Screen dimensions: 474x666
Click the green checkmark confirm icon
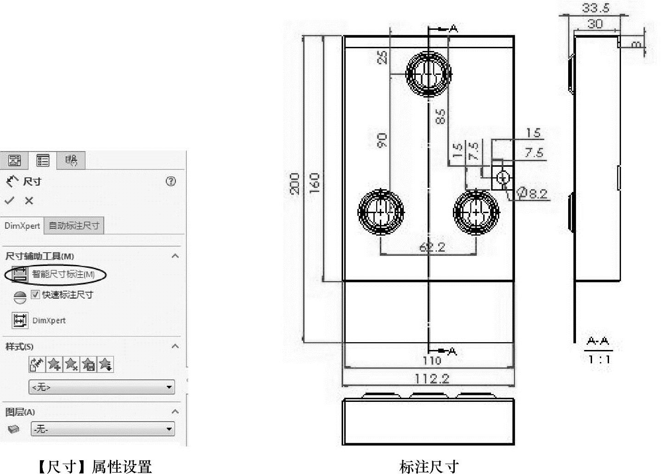point(10,201)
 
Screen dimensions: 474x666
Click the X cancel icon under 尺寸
point(29,201)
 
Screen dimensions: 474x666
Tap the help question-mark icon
point(171,181)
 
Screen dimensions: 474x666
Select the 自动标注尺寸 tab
point(74,226)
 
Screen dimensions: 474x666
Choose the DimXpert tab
point(22,226)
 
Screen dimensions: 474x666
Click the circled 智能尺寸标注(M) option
point(56,275)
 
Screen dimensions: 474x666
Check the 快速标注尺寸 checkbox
point(35,295)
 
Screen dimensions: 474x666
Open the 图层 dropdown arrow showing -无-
point(169,429)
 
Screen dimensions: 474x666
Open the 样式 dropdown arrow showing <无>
point(169,387)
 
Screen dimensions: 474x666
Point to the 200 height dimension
point(295,183)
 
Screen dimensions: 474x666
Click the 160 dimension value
point(315,183)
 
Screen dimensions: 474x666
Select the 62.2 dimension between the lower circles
point(432,247)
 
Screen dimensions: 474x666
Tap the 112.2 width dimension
point(432,378)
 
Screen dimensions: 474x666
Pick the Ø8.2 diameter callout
point(533,193)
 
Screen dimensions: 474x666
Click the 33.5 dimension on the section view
point(595,8)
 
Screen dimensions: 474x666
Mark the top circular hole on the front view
point(429,73)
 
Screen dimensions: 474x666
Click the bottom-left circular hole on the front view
point(381,212)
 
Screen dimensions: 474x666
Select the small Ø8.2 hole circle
point(503,178)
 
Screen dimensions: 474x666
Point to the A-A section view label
point(598,341)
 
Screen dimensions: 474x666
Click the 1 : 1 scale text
point(599,359)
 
